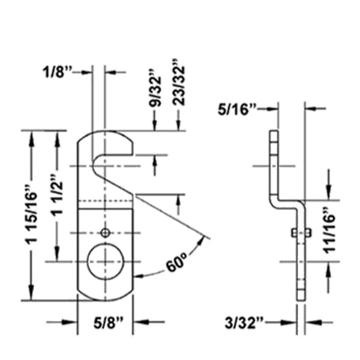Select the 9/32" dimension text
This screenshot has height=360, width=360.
point(155,88)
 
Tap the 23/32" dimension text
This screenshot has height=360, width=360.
point(179,82)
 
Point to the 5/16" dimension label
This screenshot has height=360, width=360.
point(237,109)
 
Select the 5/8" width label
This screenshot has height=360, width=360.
point(109,323)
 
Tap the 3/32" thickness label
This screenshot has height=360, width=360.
point(244,323)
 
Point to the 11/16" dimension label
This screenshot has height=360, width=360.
point(329,230)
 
